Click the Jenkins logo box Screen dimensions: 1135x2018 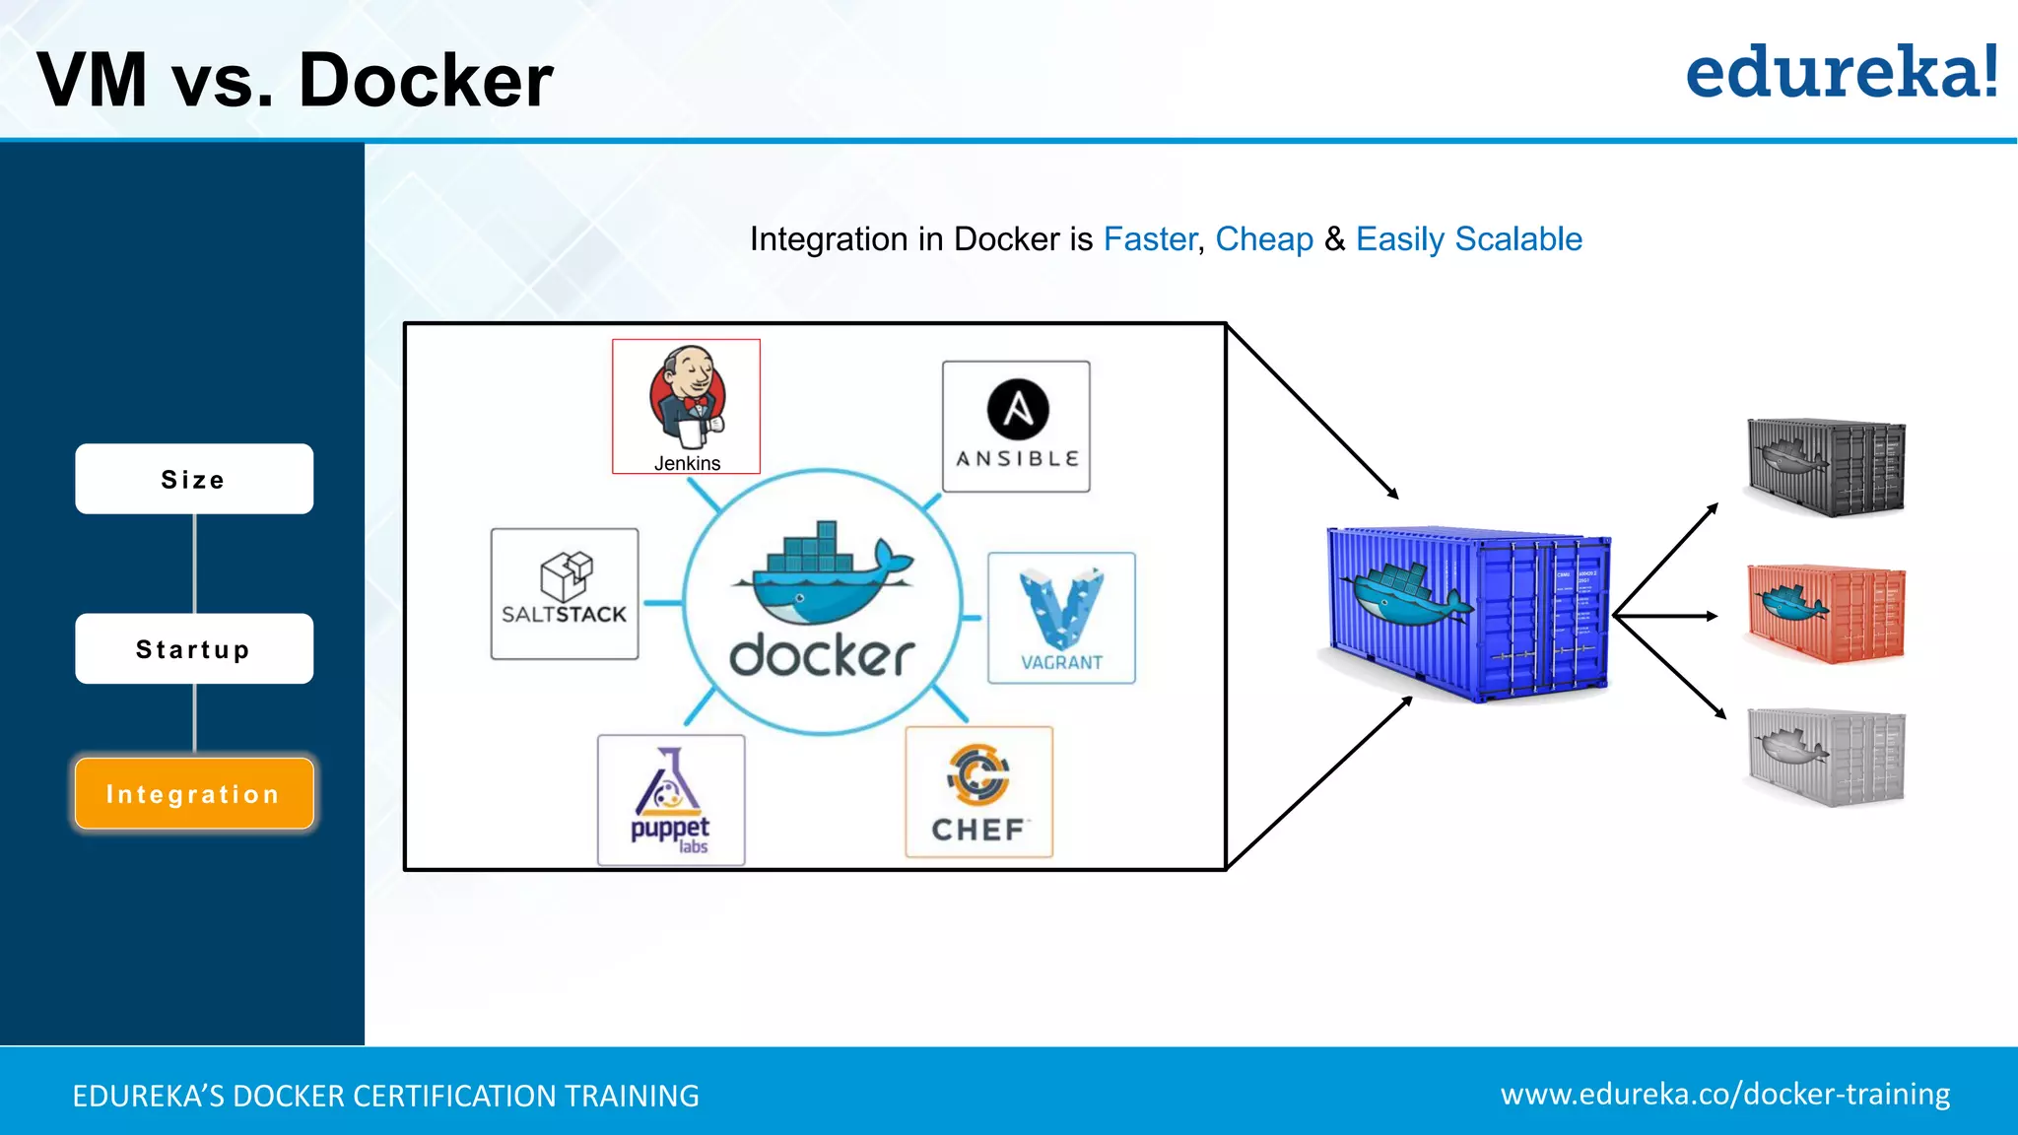click(686, 406)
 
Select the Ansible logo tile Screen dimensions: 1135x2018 click(1016, 426)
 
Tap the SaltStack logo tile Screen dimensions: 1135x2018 click(565, 593)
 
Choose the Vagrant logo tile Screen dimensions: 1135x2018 click(1061, 618)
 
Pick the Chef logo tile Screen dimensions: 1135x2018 click(978, 792)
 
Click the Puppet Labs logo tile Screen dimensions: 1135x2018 click(671, 800)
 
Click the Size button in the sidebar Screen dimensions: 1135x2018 click(194, 479)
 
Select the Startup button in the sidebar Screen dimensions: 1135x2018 click(194, 648)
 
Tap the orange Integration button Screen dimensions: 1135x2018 click(194, 793)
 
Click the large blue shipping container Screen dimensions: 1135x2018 click(1468, 613)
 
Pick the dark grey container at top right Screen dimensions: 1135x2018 click(1826, 466)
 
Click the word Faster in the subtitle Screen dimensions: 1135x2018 click(1149, 239)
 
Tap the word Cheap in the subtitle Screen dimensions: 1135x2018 click(1264, 239)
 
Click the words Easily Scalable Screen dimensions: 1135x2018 click(1468, 239)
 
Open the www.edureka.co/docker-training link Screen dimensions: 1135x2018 click(1724, 1094)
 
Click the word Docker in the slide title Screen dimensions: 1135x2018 click(425, 80)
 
